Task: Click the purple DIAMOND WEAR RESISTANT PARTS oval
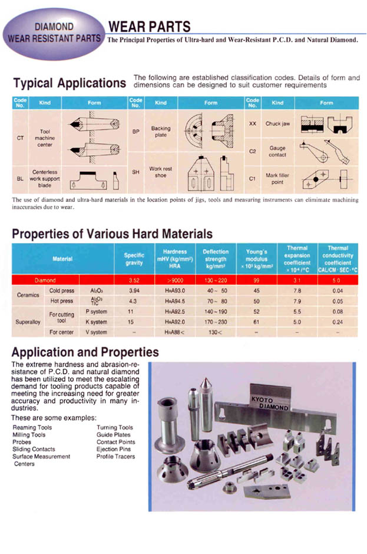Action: pos(54,34)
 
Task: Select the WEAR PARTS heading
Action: pos(148,27)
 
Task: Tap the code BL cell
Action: pos(20,176)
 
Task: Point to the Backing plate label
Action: pos(160,132)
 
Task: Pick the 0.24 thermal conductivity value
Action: pos(338,322)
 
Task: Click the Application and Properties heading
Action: pos(85,352)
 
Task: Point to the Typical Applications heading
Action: pos(70,83)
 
